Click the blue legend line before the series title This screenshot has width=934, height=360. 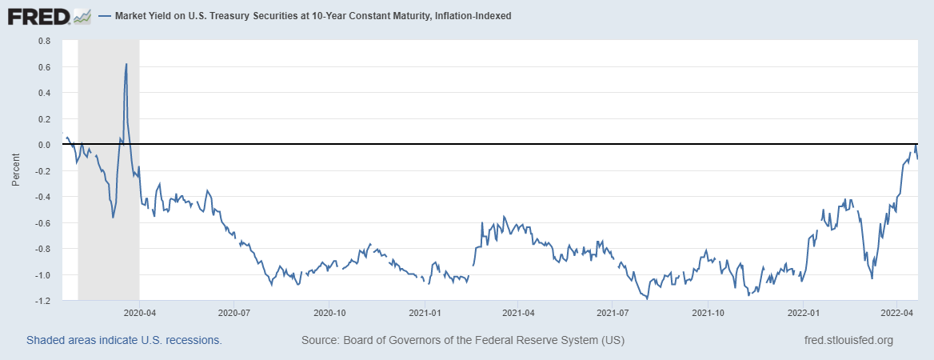tap(106, 16)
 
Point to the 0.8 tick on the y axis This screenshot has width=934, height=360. tap(44, 41)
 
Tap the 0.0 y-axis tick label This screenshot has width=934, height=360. tap(44, 145)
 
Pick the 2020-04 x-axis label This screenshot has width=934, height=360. tap(139, 314)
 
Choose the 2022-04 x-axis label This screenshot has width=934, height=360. tap(897, 314)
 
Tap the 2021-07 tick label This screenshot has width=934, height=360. tap(612, 314)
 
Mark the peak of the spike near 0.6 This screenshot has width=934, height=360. tap(126, 64)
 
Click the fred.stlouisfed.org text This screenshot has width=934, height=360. tap(848, 341)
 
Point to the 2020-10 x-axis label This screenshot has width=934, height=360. tap(329, 314)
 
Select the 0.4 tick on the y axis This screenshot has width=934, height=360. tap(44, 93)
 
